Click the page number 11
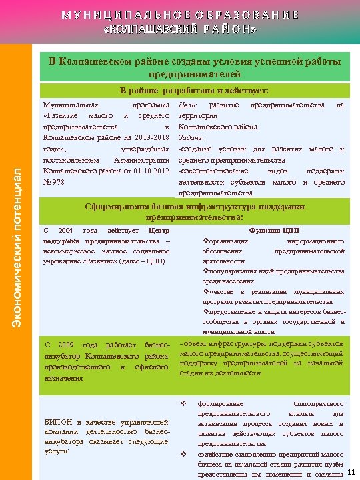point(351,472)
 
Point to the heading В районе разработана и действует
point(194,90)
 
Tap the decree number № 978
point(54,181)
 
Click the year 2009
point(65,345)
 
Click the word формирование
point(221,404)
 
